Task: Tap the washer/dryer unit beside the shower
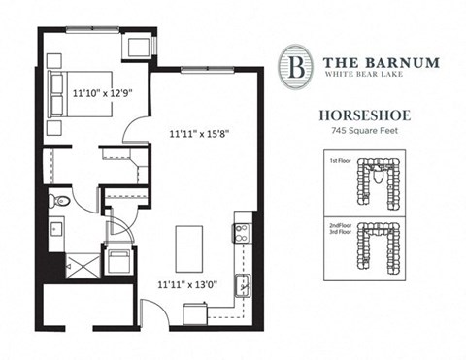(119, 262)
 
